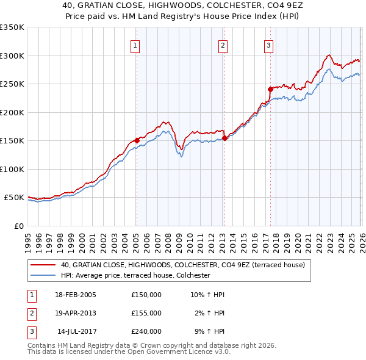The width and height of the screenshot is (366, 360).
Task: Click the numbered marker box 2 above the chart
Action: coord(223,45)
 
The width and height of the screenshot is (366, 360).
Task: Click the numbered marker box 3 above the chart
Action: coord(268,45)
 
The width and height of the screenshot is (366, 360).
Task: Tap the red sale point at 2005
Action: coord(137,140)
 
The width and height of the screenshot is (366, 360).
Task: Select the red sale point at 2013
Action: coord(224,138)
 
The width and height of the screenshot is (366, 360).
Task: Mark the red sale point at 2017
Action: coord(270,89)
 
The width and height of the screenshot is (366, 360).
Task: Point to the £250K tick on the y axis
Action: coord(12,84)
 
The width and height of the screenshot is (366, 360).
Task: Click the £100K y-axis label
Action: coord(12,169)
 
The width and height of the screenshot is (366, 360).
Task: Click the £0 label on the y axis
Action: coord(18,226)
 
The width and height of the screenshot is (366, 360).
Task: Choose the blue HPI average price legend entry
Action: coord(135,275)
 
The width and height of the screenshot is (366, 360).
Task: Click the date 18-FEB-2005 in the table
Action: coord(75,295)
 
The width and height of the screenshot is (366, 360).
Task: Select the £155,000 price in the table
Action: coord(146,313)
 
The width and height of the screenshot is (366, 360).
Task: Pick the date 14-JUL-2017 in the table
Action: coord(75,331)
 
